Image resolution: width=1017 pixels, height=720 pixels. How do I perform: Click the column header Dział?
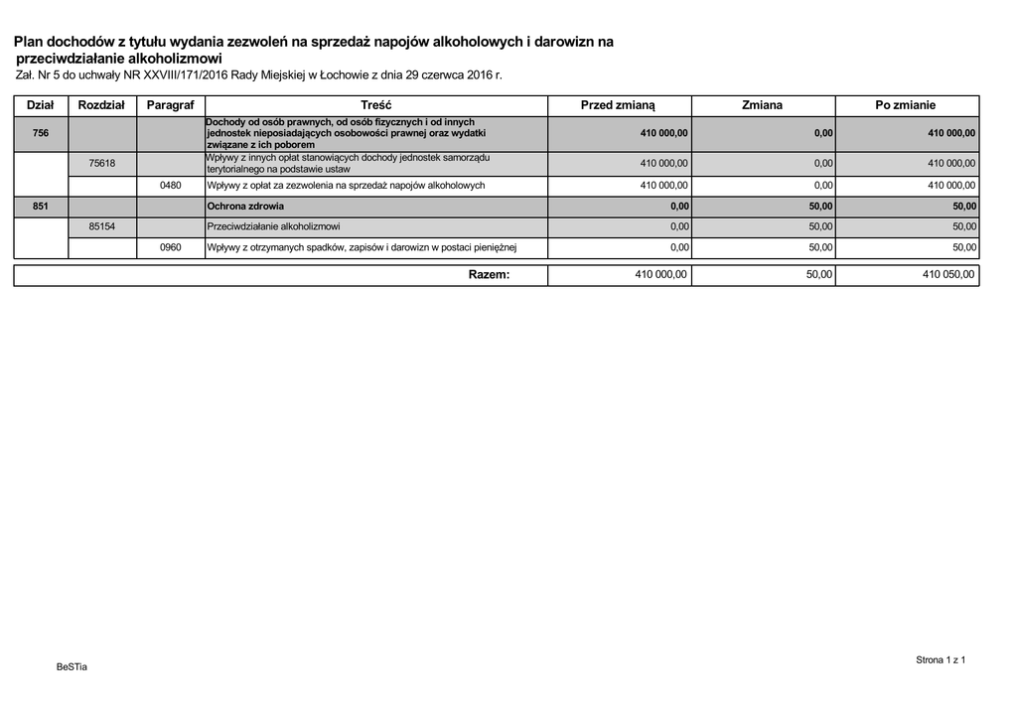point(41,105)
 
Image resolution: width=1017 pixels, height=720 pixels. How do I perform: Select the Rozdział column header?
point(101,105)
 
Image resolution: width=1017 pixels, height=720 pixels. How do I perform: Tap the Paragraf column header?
point(171,105)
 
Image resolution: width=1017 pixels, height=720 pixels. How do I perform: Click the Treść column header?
point(376,105)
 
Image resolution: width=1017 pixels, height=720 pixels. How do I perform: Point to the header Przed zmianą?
point(618,105)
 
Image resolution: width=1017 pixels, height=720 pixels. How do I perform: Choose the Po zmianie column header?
point(906,105)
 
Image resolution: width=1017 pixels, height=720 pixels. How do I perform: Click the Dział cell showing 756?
point(41,133)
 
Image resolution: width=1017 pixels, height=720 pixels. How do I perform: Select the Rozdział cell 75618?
point(101,163)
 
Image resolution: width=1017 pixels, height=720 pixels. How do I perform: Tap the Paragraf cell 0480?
point(171,186)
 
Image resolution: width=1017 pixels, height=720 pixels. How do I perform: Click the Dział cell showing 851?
point(41,207)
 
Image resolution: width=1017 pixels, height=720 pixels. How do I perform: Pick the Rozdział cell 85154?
point(101,226)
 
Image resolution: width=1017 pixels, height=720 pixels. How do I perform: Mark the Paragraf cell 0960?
point(171,247)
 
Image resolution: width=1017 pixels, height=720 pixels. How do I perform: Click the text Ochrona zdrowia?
point(244,207)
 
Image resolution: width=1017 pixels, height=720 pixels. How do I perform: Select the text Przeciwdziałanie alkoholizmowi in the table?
point(273,226)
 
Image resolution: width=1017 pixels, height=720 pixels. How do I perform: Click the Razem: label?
point(489,275)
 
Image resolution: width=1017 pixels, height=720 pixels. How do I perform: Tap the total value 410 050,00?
point(948,275)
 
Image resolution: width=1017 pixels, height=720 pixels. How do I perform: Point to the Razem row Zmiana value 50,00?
point(818,275)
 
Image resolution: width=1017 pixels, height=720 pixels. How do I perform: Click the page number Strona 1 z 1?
point(940,659)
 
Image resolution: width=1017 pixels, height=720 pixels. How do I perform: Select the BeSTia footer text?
point(72,666)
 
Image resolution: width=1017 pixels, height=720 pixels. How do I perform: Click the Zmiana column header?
point(762,105)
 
